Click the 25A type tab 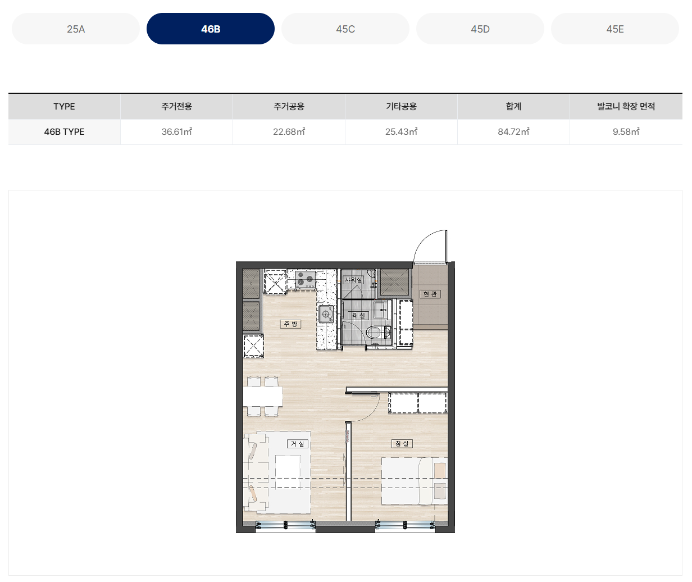(76, 29)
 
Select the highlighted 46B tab (211, 29)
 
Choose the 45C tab (345, 29)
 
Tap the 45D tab (480, 29)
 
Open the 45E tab (615, 29)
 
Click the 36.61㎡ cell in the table (176, 131)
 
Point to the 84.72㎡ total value (513, 131)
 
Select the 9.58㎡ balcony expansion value (626, 131)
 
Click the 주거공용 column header (289, 106)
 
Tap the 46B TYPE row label (64, 131)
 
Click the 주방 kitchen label (290, 324)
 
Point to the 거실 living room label (297, 444)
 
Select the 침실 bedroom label (402, 443)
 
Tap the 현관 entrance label (430, 294)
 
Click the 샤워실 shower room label (353, 280)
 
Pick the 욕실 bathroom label (358, 315)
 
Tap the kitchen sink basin (326, 313)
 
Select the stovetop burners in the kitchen (305, 279)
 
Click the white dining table (263, 396)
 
